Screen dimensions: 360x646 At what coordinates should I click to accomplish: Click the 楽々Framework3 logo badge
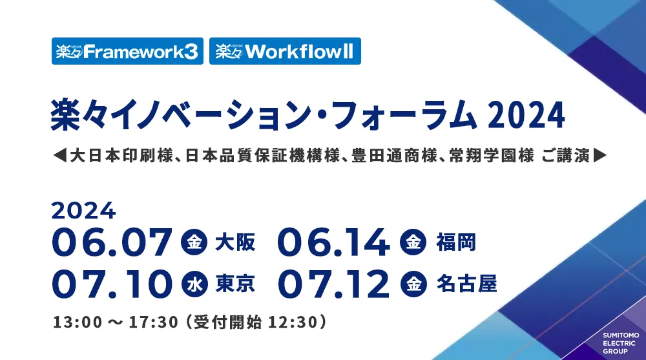pos(127,52)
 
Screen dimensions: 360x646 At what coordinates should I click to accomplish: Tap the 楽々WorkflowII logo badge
pos(285,52)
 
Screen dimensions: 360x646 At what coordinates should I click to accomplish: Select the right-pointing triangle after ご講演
pos(600,155)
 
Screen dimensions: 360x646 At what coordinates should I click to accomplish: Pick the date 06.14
pos(333,242)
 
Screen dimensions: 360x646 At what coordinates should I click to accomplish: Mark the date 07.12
pos(333,283)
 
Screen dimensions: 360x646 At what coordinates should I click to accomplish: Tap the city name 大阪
pos(235,243)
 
